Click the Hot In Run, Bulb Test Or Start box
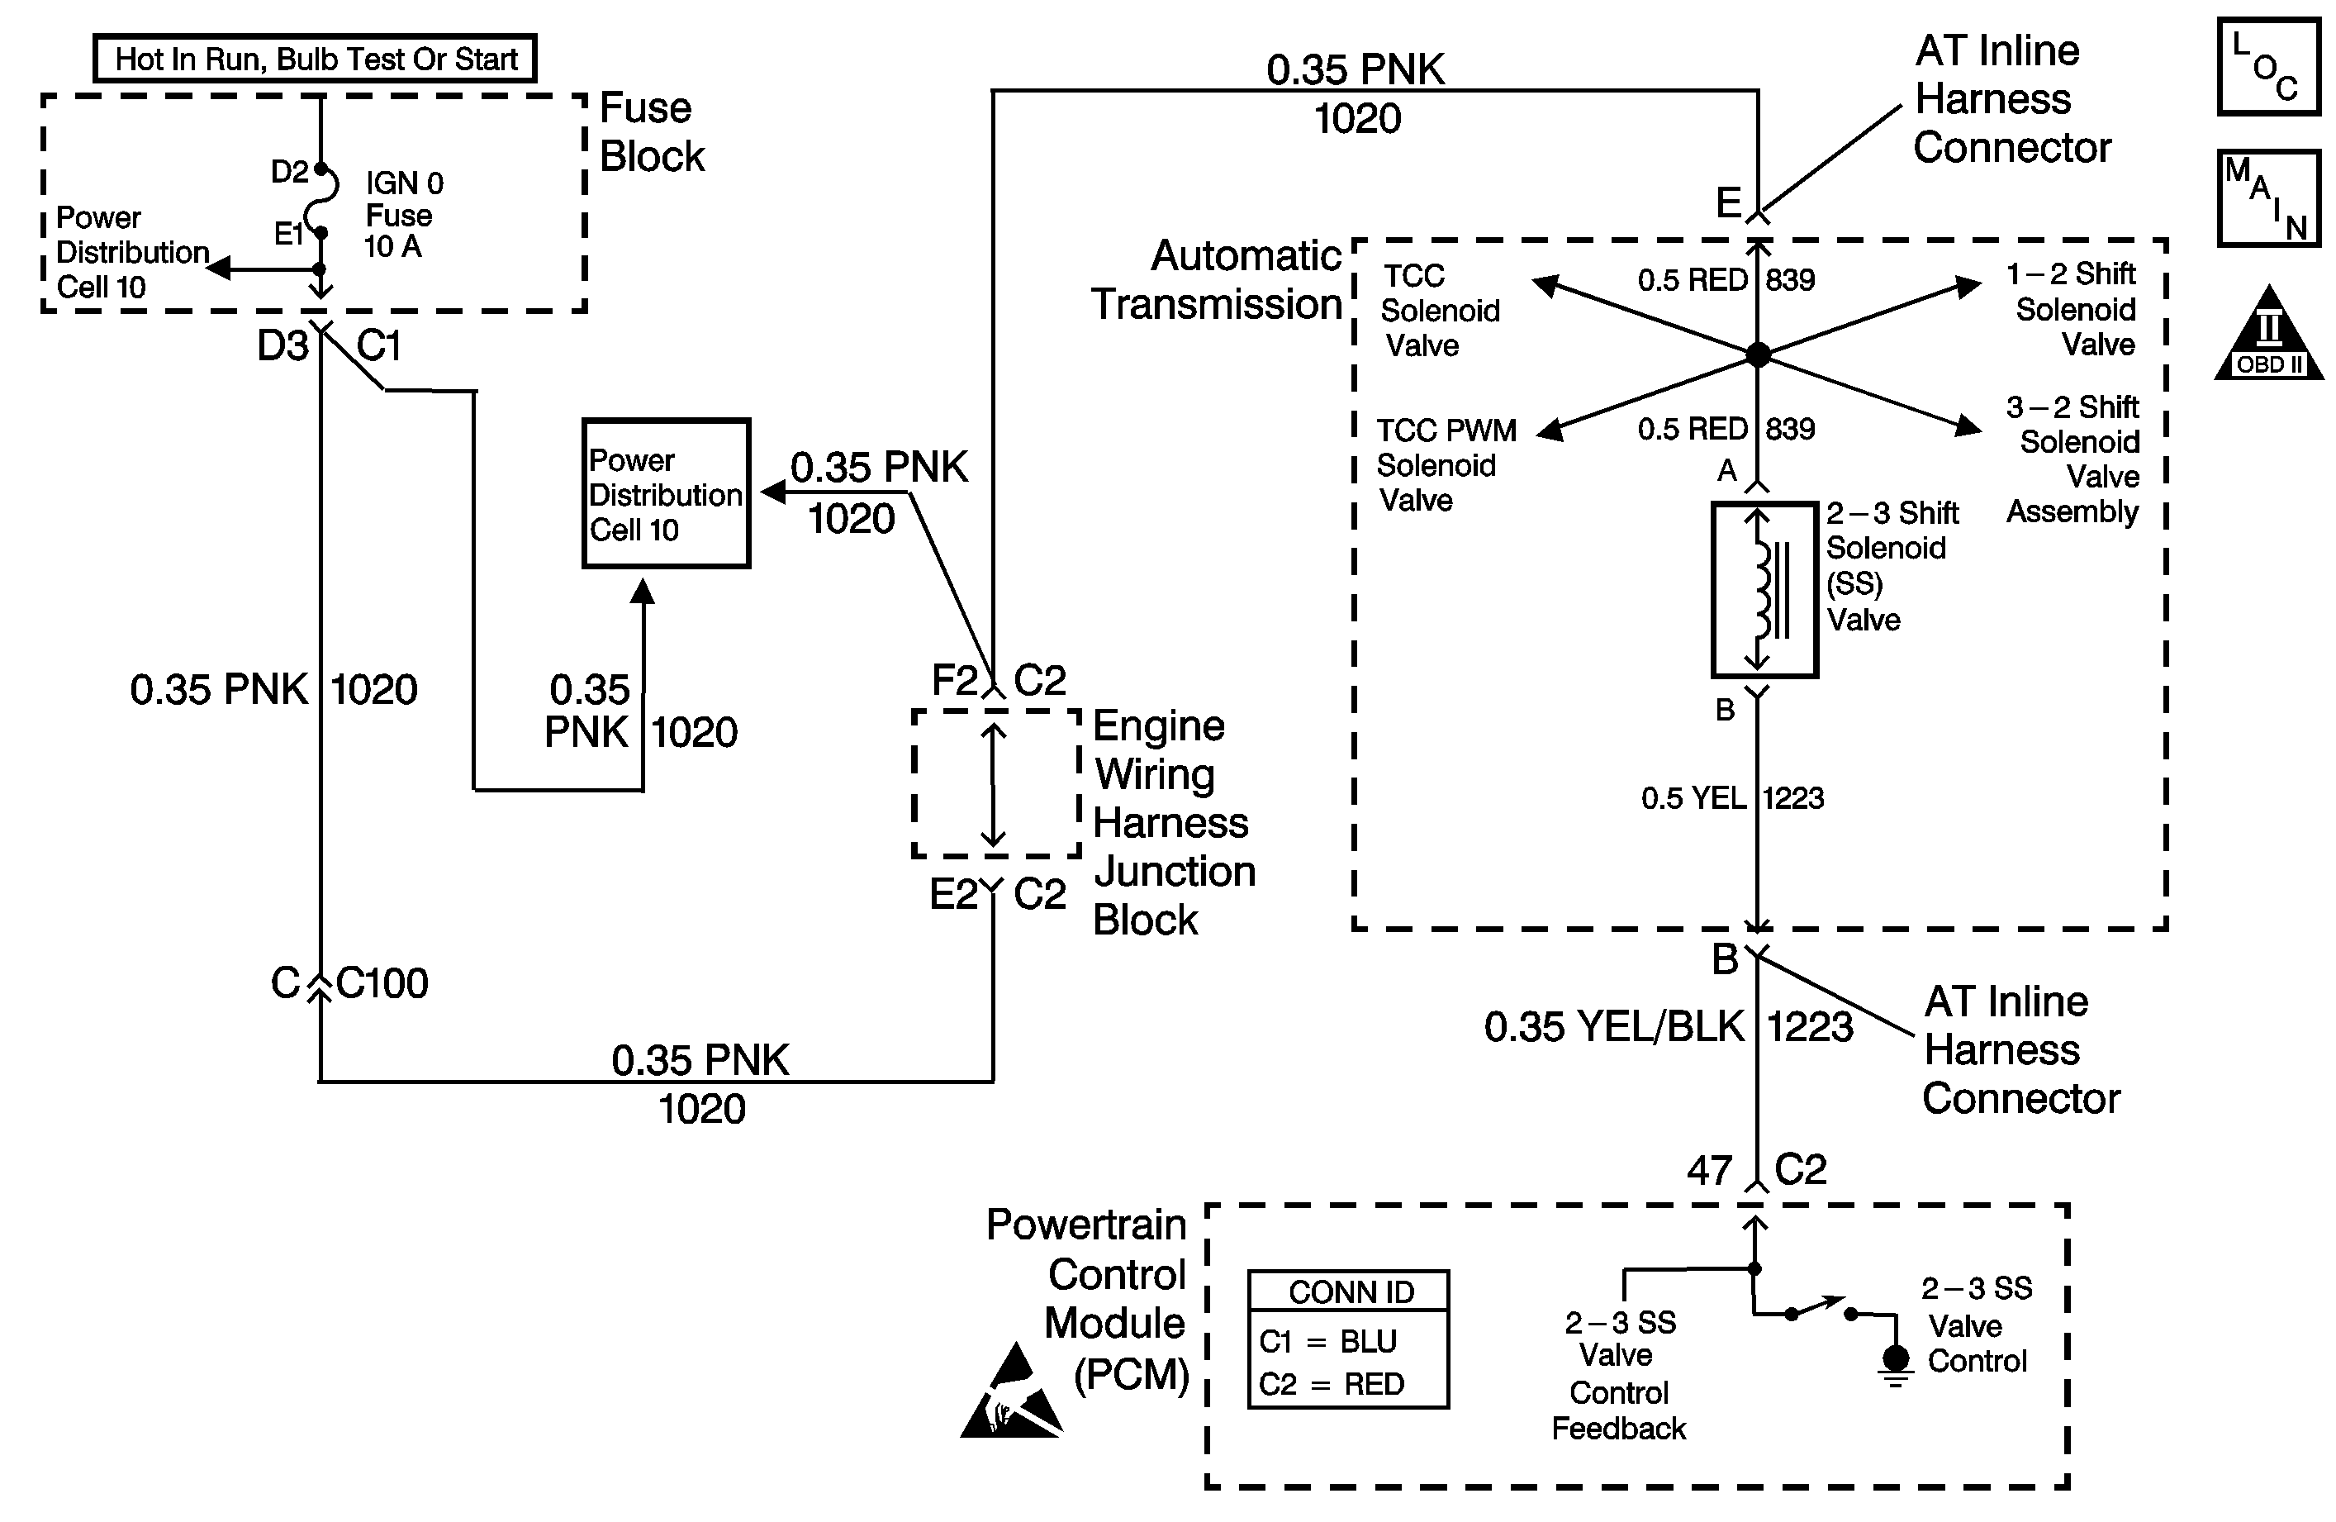coord(315,59)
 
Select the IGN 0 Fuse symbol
coord(323,202)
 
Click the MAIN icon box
coord(2268,198)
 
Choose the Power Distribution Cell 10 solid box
coord(666,494)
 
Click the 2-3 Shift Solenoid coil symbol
coord(1764,590)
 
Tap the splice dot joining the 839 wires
coord(1758,354)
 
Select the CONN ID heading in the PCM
coord(1351,1292)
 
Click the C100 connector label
coord(382,984)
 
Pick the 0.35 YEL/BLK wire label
coord(1613,1027)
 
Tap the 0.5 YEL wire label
coord(1693,798)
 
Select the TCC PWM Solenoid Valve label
coord(1444,465)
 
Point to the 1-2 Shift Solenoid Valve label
coord(2073,309)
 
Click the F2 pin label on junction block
coord(954,679)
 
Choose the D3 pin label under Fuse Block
coord(283,345)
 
